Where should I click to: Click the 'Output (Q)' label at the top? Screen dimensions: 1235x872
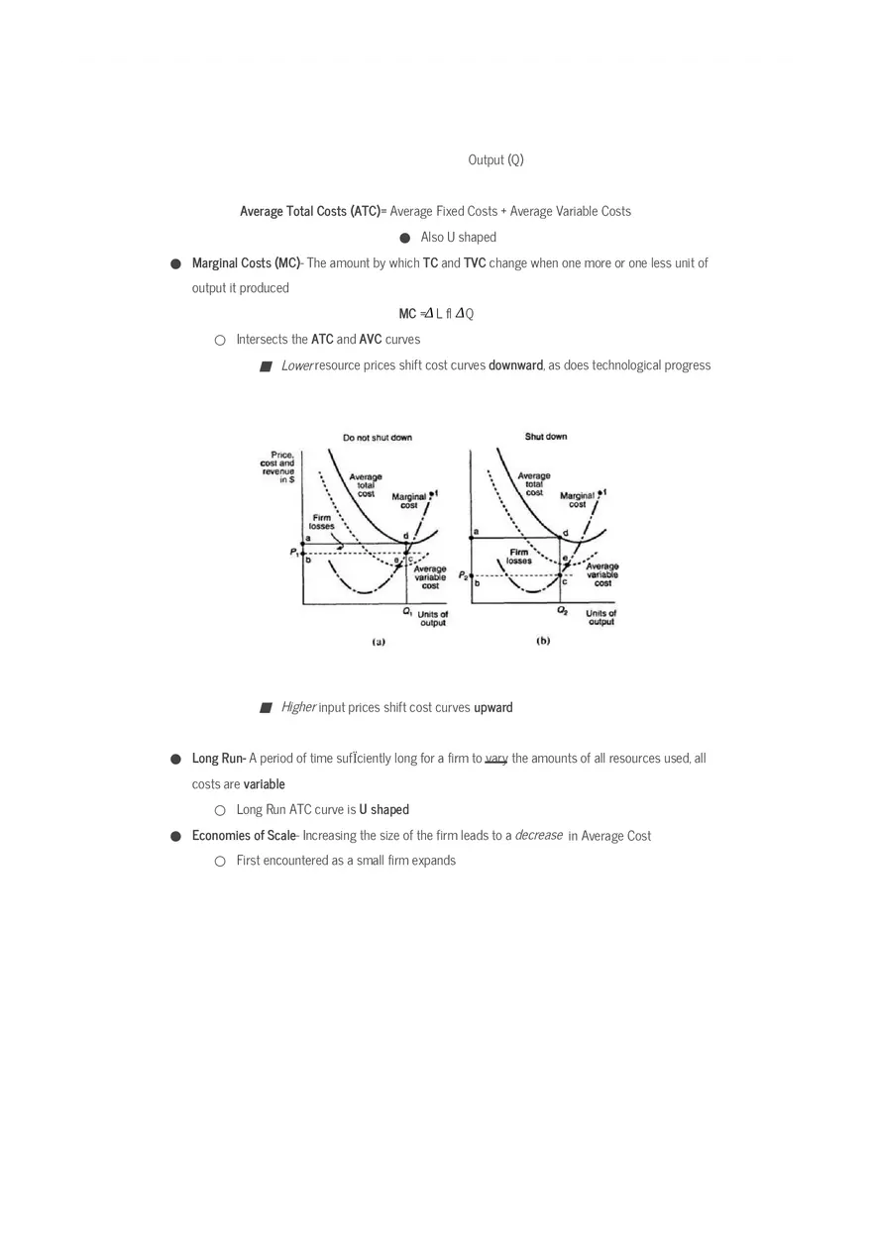(x=495, y=159)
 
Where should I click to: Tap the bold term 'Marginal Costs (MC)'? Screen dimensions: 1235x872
(x=246, y=262)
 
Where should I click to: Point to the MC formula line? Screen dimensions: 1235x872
(x=436, y=314)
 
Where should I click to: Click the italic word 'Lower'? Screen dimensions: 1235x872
(x=296, y=365)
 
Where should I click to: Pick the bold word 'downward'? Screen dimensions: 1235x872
(x=515, y=365)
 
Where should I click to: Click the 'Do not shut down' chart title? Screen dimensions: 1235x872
(x=378, y=438)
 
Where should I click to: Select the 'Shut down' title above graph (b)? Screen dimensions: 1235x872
(x=546, y=437)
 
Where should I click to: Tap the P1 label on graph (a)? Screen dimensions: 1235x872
(x=294, y=553)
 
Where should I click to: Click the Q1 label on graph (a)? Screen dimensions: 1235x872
(x=407, y=612)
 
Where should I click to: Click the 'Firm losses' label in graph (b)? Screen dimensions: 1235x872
(x=519, y=557)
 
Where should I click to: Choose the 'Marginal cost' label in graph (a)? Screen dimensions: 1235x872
(x=409, y=501)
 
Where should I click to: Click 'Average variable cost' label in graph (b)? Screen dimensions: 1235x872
(x=602, y=575)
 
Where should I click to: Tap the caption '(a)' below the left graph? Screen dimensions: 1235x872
(x=378, y=642)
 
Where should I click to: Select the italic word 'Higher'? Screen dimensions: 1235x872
(x=298, y=707)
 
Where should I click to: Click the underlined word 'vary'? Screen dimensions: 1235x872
(x=496, y=759)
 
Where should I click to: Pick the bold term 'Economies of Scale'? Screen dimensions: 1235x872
(x=244, y=836)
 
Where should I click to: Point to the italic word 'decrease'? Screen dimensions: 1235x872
(x=539, y=835)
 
